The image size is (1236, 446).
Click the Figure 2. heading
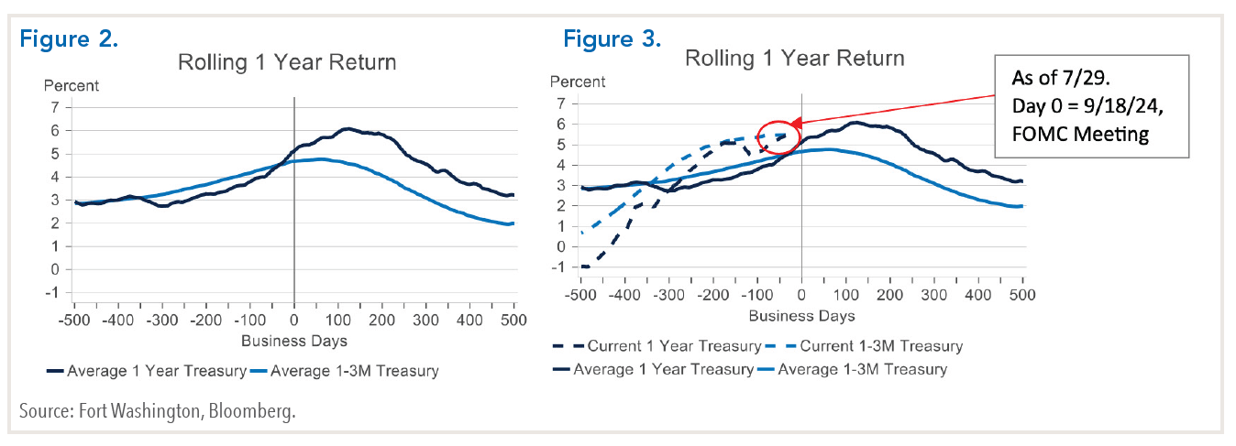[70, 39]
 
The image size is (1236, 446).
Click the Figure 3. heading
[612, 39]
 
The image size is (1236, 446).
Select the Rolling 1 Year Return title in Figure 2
[287, 62]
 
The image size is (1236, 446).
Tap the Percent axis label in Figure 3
[578, 82]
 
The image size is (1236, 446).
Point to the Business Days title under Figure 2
[293, 341]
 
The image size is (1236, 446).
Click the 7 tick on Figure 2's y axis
[55, 107]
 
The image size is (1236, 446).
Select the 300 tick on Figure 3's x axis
[933, 296]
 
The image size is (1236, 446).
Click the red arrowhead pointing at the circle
[797, 123]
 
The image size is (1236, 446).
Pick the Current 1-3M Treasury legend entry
[867, 346]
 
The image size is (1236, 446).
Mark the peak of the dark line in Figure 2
[347, 129]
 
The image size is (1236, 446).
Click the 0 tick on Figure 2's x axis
[293, 321]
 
